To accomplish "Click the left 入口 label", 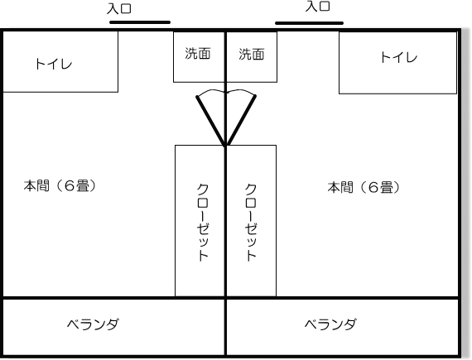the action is tap(119, 8).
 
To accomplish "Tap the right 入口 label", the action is tap(318, 6).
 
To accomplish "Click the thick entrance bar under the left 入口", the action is tap(140, 22).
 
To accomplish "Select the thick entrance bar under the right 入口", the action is tap(310, 23).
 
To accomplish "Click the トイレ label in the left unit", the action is tap(54, 64).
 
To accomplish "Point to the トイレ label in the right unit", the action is tap(398, 57).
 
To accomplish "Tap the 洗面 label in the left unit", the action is tap(197, 54).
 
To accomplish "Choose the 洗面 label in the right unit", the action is tap(252, 55).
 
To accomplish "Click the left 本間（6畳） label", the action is tap(60, 186).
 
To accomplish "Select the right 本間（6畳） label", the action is tap(364, 188).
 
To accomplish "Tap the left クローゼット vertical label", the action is tap(203, 222).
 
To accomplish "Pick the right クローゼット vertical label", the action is tap(250, 222).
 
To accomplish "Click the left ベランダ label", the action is tap(93, 324).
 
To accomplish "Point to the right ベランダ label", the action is tap(331, 324).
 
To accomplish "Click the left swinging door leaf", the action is tap(210, 121).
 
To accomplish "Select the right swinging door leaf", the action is tap(240, 121).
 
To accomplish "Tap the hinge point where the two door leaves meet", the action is tap(225, 146).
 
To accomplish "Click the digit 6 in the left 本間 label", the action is tap(70, 186).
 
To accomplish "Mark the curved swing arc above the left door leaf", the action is tap(210, 91).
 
